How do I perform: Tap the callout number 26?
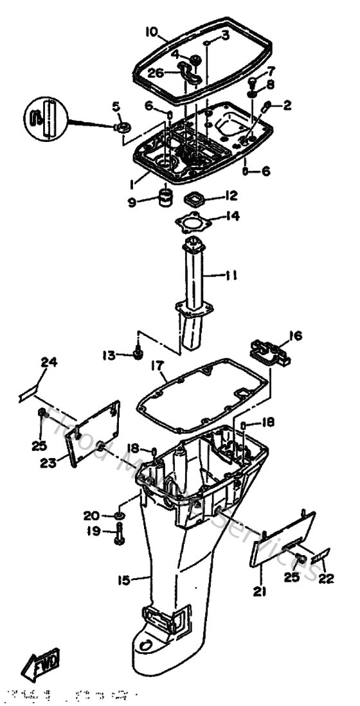coord(156,73)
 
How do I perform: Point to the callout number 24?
coord(50,362)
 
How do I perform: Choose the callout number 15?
coord(123,580)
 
